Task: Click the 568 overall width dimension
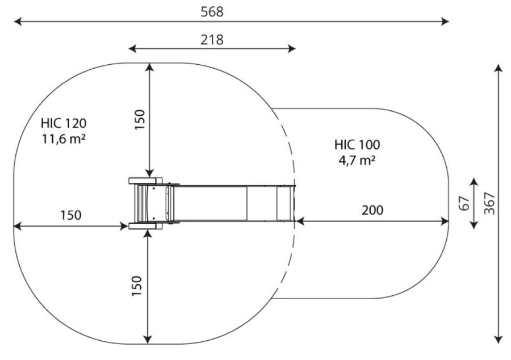[x=212, y=12]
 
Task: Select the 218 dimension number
[x=212, y=40]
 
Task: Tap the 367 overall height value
[x=489, y=204]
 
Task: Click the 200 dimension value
[x=372, y=210]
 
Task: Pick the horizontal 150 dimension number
[x=71, y=215]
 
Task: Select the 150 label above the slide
[x=140, y=120]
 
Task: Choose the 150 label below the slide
[x=137, y=286]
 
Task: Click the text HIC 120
[x=64, y=123]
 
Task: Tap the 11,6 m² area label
[x=64, y=139]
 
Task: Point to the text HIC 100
[x=357, y=145]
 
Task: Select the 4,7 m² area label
[x=357, y=160]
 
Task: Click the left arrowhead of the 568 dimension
[x=17, y=22]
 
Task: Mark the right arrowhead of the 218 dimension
[x=292, y=49]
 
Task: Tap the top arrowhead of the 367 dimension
[x=498, y=68]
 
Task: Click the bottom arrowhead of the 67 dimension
[x=474, y=224]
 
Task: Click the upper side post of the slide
[x=145, y=181]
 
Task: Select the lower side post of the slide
[x=145, y=226]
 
